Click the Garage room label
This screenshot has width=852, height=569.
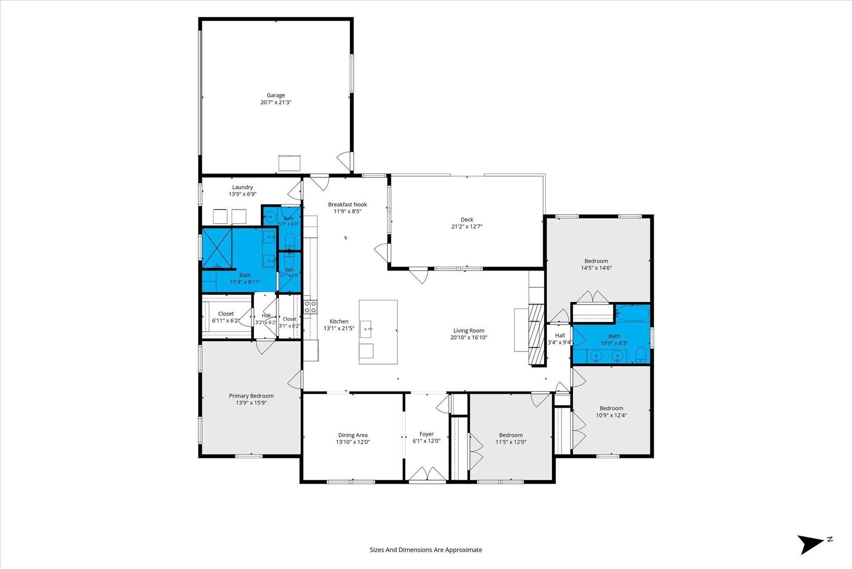pyautogui.click(x=276, y=95)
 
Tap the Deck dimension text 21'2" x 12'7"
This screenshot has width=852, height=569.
pyautogui.click(x=467, y=227)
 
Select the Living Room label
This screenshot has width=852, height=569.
pyautogui.click(x=469, y=330)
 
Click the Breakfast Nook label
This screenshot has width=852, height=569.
pyautogui.click(x=347, y=204)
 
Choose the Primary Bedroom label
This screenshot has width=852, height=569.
pyautogui.click(x=251, y=396)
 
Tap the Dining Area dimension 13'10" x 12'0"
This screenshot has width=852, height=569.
pyautogui.click(x=353, y=442)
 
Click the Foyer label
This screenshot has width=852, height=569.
pyautogui.click(x=426, y=434)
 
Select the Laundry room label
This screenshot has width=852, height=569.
pyautogui.click(x=242, y=187)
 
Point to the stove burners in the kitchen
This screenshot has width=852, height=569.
pyautogui.click(x=310, y=307)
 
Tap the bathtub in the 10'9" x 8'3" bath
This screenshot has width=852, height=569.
pyautogui.click(x=633, y=313)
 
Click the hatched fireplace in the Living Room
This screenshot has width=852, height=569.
pyautogui.click(x=536, y=334)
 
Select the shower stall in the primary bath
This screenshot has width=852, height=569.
pyautogui.click(x=217, y=248)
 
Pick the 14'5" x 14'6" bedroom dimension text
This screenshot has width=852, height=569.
pyautogui.click(x=596, y=268)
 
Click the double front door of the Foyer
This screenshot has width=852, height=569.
pyautogui.click(x=427, y=474)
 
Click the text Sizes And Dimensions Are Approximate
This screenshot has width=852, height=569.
pyautogui.click(x=426, y=550)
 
